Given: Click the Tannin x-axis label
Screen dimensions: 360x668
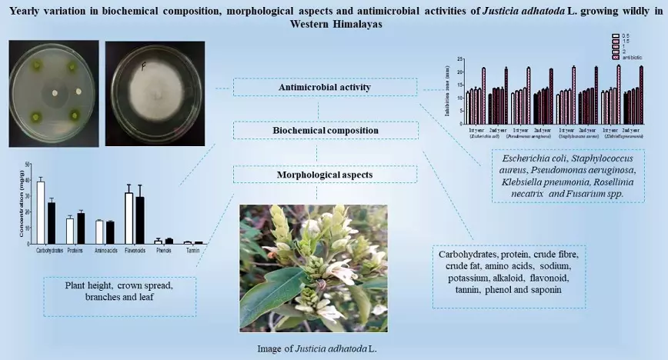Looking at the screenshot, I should pyautogui.click(x=192, y=251).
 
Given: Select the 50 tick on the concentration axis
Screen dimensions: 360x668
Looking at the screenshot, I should pyautogui.click(x=29, y=165).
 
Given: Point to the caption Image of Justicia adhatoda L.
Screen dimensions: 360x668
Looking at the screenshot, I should pyautogui.click(x=317, y=348).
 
